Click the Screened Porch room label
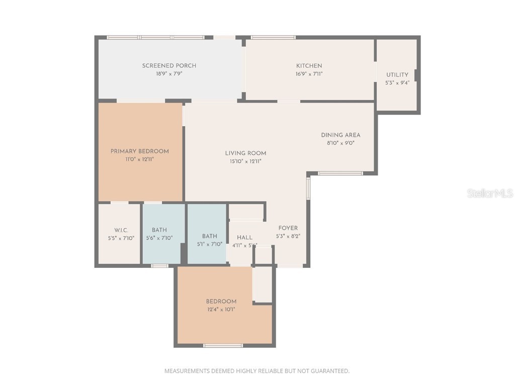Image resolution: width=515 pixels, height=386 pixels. [169, 66]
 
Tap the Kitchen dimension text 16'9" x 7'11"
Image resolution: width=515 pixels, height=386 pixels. [309, 74]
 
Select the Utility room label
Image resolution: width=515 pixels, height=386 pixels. [397, 75]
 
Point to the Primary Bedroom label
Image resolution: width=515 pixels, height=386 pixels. [140, 151]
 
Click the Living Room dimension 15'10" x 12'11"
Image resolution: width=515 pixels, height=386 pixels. [245, 161]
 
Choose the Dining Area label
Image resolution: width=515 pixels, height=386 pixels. [340, 135]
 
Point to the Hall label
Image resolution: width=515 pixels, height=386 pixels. [244, 238]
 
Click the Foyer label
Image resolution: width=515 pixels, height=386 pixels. [288, 228]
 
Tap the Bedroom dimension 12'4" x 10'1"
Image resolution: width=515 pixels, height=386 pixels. [221, 310]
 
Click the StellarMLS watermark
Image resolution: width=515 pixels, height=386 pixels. [490, 193]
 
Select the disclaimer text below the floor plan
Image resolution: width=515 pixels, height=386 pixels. [257, 371]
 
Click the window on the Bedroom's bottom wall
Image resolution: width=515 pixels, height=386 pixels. [223, 345]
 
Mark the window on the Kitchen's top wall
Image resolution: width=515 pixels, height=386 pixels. [273, 37]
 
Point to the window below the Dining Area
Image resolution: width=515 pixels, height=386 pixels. [340, 173]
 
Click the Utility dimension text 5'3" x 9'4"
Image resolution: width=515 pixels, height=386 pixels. [397, 83]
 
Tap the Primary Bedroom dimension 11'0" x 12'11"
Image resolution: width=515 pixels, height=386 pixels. [140, 159]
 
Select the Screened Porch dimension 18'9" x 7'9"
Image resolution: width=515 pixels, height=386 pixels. [169, 74]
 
